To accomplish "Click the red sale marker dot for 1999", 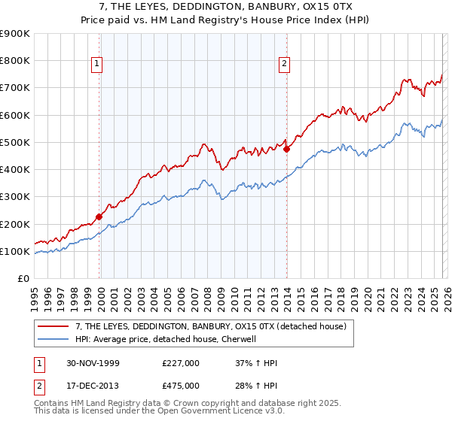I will (x=99, y=217).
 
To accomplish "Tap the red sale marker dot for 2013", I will (x=287, y=149).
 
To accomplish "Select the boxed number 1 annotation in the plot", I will (x=98, y=65).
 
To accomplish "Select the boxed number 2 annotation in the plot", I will (x=284, y=65).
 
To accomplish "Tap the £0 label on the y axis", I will (x=23, y=279).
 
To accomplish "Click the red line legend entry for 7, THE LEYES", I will (x=210, y=326).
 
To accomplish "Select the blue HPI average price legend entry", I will (x=166, y=339).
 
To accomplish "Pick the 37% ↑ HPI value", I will (x=256, y=363).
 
